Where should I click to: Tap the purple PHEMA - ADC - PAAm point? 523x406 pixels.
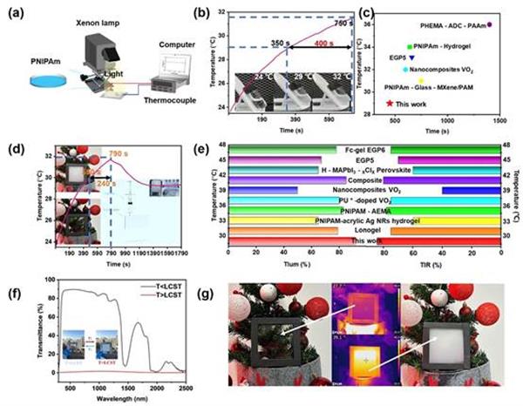click(x=490, y=25)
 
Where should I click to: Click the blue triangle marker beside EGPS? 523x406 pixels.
click(x=423, y=58)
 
